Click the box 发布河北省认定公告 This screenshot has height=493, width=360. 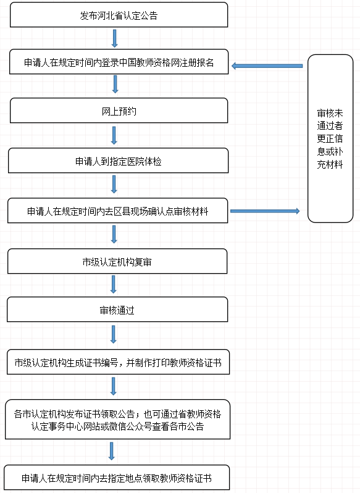(119, 15)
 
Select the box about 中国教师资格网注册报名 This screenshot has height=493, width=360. (119, 62)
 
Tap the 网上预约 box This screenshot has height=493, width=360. (119, 111)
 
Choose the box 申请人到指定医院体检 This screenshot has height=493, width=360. (118, 161)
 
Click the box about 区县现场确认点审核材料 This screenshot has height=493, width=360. (117, 210)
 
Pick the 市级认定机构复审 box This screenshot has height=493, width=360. (117, 261)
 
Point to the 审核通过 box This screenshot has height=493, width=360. (117, 310)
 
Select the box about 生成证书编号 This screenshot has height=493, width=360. (118, 362)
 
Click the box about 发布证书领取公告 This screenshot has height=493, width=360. (117, 419)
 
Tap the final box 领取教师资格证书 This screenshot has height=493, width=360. (117, 478)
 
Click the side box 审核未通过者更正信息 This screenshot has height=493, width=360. (330, 138)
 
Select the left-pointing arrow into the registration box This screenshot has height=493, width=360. (267, 66)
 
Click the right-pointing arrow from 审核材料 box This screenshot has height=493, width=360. (265, 211)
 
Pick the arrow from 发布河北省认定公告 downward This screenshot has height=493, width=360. (115, 38)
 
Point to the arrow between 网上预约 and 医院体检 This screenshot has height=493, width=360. (114, 135)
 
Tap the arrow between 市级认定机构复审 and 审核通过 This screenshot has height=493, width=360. (114, 285)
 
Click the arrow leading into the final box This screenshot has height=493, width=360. (111, 451)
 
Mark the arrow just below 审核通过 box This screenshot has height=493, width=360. (114, 334)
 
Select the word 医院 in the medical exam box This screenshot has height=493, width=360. (136, 161)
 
